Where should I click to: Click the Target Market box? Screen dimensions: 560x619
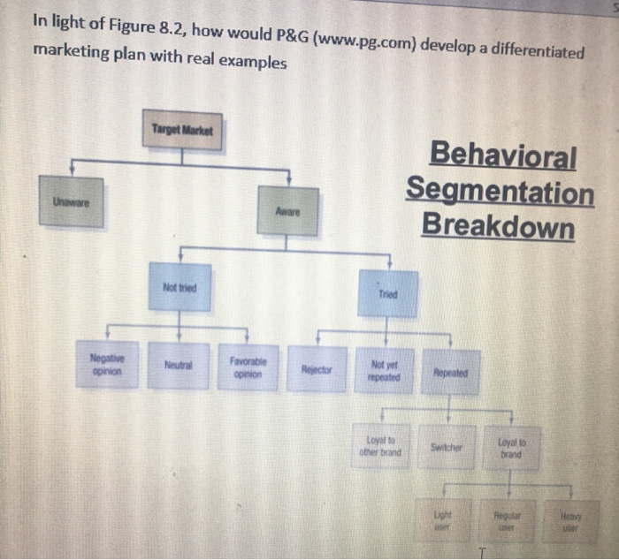[182, 131]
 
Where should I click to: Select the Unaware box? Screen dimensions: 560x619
[71, 201]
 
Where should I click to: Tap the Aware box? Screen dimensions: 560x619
[287, 212]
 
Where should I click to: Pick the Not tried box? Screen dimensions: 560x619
[180, 287]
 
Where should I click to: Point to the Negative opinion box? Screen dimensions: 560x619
[107, 365]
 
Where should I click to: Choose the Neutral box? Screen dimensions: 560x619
[179, 366]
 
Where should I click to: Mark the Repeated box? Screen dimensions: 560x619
[451, 374]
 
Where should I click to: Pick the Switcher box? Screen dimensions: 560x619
[450, 448]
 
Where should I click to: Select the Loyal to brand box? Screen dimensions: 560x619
[514, 448]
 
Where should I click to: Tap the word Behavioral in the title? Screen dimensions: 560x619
[501, 157]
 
